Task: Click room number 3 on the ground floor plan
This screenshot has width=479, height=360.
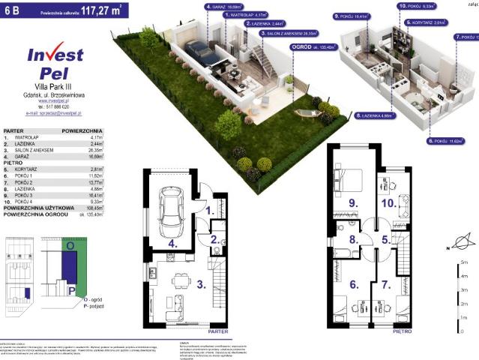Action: pos(200,284)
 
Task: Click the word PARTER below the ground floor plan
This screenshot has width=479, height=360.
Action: pos(217,330)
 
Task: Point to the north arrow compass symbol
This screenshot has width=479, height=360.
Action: pos(461,242)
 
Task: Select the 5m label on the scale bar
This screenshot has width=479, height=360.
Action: pos(466,262)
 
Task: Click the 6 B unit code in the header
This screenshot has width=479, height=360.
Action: pos(13,11)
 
